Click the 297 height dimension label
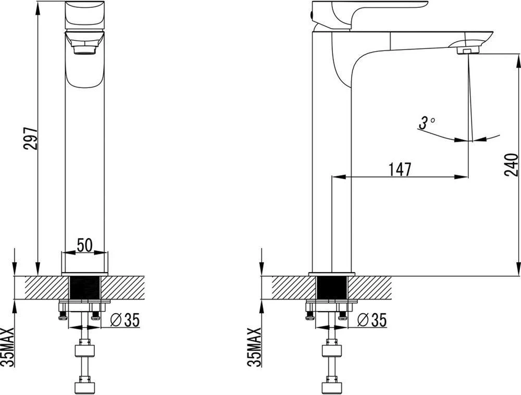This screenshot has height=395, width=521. click(30, 138)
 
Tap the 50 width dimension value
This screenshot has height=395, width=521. click(84, 245)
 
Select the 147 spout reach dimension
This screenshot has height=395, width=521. click(400, 169)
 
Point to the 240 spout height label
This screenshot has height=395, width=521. click(511, 165)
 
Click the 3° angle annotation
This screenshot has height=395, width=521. click(427, 123)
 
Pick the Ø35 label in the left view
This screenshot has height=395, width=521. click(125, 320)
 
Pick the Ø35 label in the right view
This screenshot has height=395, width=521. click(372, 320)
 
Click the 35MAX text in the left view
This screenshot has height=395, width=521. click(7, 347)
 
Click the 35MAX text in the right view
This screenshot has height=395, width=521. click(254, 347)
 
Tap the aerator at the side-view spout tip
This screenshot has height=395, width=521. click(468, 51)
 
